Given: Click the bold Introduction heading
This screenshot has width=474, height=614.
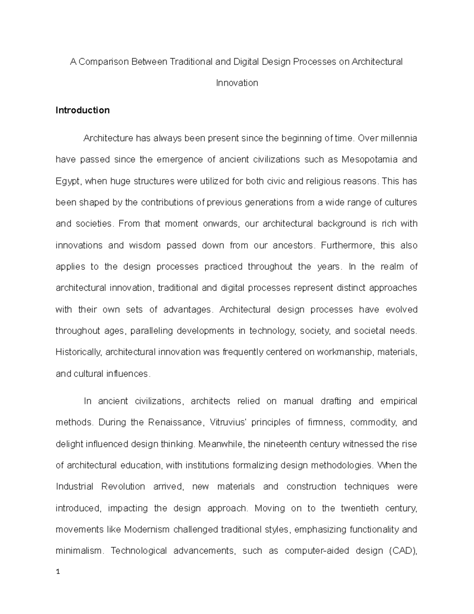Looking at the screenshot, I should coord(83,110).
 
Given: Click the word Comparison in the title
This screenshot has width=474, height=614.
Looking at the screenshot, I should coord(104,62).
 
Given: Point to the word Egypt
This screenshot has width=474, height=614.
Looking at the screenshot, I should coord(68,181).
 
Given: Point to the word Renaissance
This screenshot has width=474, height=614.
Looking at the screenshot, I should coord(175,423).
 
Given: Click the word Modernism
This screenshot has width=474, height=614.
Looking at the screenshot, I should coord(147,529).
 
